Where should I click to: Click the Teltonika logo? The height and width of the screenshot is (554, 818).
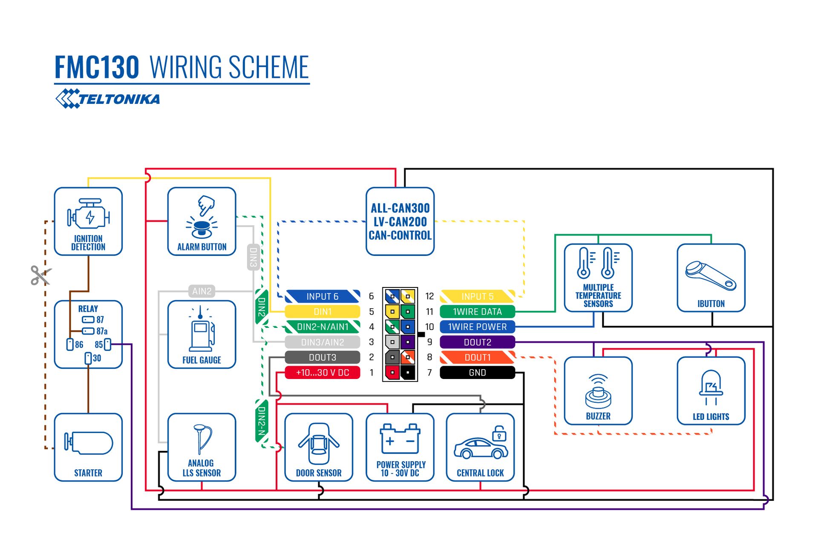(108, 99)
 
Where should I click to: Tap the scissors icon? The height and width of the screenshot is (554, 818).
(40, 275)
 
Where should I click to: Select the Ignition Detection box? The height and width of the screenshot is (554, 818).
(88, 221)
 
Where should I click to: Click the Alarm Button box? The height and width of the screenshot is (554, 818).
(202, 221)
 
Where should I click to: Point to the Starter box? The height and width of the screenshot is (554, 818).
(88, 447)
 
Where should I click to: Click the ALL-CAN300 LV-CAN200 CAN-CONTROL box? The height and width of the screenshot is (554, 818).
(400, 221)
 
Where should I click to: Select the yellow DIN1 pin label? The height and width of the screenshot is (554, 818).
(323, 312)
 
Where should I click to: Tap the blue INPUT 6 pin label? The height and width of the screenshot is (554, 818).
(323, 296)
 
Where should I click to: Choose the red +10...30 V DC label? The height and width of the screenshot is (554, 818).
(323, 373)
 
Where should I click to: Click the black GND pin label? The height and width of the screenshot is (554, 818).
(477, 373)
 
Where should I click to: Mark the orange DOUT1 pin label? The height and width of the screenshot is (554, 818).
(477, 357)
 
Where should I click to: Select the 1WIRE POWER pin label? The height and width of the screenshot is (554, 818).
(477, 327)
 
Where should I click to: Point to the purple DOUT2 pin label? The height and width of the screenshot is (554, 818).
(477, 342)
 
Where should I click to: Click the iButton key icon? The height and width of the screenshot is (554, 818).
(711, 275)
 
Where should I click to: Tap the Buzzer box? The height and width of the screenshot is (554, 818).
(598, 391)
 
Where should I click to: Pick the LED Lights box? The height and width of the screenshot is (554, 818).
(711, 391)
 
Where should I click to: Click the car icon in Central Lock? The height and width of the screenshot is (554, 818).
(481, 448)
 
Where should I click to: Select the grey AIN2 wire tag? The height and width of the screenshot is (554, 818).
(202, 291)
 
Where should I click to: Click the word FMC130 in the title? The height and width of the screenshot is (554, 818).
(97, 67)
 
